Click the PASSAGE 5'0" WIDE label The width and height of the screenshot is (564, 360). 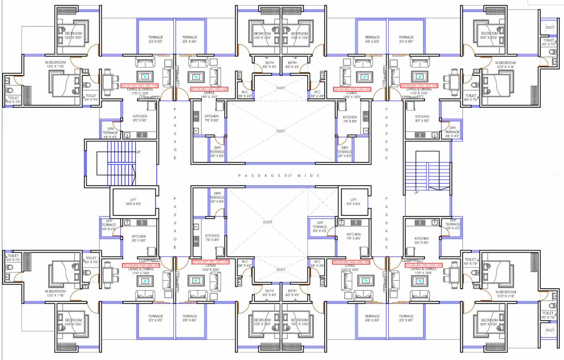click(279, 175)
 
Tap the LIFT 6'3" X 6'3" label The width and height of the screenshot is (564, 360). click(353, 202)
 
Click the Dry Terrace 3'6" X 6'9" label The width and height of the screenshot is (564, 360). click(217, 197)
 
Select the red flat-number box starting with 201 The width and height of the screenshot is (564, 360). click(140, 86)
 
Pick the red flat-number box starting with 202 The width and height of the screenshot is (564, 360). click(209, 89)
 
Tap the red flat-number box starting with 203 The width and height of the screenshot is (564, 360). click(352, 89)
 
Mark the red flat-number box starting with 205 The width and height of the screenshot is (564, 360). click(423, 265)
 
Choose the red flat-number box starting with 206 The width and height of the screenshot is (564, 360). click(351, 262)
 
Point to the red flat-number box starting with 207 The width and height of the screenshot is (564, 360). click(210, 262)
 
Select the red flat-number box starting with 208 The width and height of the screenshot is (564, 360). click(141, 265)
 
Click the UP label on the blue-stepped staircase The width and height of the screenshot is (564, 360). click(138, 152)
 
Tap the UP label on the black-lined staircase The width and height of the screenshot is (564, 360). click(416, 192)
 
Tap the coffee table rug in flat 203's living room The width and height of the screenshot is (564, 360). click(362, 76)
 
